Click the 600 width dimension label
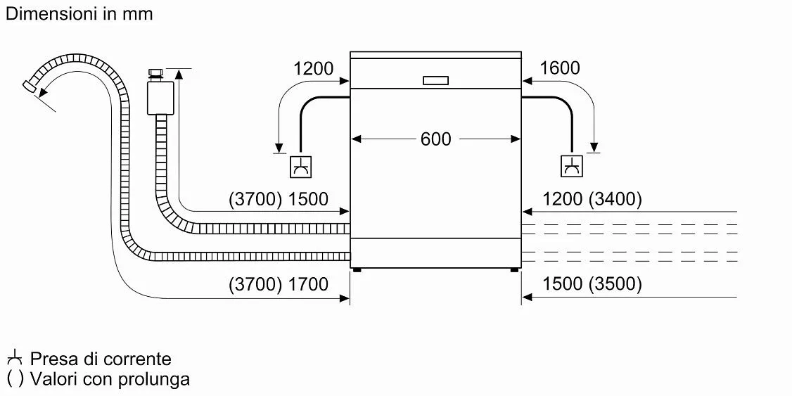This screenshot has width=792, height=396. (x=435, y=139)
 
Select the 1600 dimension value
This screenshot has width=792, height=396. (x=559, y=68)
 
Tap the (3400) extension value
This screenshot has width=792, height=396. (x=615, y=200)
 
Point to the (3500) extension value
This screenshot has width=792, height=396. (x=615, y=284)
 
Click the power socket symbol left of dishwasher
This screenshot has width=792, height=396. (x=300, y=167)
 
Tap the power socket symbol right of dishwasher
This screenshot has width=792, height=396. (x=572, y=167)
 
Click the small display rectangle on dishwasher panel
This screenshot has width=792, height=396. (x=435, y=80)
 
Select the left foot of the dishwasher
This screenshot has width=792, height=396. (x=357, y=270)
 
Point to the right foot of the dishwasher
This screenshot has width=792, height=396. (x=513, y=270)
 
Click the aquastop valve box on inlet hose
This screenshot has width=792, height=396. (x=160, y=98)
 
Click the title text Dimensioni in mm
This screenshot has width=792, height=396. (x=79, y=13)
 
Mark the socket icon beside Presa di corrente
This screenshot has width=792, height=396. (x=15, y=358)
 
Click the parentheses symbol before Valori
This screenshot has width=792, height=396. (x=15, y=379)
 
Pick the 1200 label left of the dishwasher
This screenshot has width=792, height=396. (x=314, y=68)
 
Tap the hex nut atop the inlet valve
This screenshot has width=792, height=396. (x=155, y=75)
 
